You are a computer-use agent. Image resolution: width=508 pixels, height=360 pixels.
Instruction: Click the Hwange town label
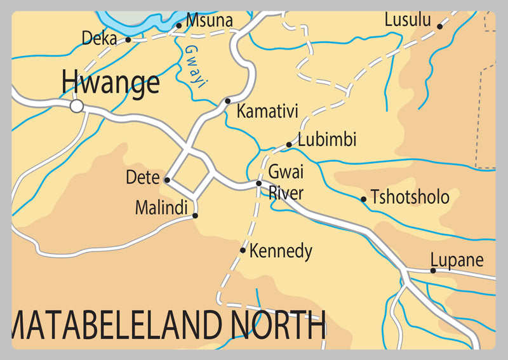110,83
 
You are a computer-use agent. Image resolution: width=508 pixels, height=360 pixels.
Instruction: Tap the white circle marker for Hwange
77,106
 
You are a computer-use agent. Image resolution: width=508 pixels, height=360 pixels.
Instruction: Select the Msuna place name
210,21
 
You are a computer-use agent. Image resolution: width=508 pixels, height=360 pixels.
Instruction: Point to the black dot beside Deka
128,39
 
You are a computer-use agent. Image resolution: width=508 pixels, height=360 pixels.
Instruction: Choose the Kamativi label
267,112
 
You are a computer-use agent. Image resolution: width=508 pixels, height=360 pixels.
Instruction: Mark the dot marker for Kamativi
228,101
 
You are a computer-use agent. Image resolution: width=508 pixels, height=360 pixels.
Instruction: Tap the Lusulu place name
408,20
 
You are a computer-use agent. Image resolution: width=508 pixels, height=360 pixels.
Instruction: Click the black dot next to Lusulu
439,26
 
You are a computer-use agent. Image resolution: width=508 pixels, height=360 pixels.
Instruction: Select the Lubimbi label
327,139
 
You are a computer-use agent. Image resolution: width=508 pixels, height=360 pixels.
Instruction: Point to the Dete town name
142,178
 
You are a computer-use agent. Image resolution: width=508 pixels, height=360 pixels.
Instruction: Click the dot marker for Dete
167,180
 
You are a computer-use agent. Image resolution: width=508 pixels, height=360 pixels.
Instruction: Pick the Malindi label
161,207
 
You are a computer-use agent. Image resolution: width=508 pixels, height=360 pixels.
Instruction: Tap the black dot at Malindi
195,216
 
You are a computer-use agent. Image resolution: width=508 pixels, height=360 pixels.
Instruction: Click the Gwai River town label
286,182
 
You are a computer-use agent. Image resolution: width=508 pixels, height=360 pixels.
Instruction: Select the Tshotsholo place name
410,197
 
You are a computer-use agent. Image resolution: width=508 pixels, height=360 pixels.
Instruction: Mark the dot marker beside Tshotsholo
364,199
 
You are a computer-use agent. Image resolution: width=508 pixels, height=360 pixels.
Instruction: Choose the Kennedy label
281,251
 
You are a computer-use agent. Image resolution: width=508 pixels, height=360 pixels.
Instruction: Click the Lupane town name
457,260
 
